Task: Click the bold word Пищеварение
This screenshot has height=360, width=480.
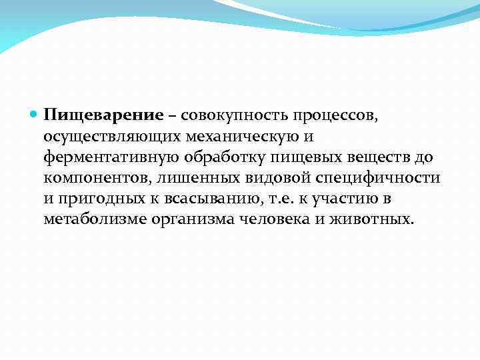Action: click(x=103, y=116)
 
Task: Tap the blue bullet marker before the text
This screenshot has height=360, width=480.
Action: click(x=34, y=115)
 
